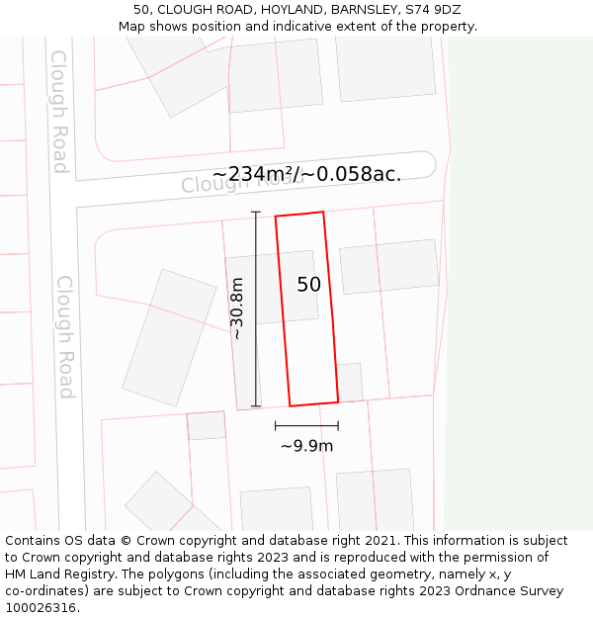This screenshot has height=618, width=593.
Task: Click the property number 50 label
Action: tap(308, 285)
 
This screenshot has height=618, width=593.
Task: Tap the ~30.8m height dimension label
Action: tap(237, 309)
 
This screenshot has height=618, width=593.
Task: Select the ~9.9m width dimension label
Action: tap(306, 446)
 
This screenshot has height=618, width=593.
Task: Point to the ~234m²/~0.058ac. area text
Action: tap(306, 174)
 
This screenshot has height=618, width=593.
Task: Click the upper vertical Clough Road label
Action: tap(59, 112)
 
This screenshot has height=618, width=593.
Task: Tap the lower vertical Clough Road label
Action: tap(65, 337)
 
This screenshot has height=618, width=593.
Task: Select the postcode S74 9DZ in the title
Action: tap(434, 9)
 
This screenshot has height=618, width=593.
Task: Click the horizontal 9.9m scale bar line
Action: tap(306, 426)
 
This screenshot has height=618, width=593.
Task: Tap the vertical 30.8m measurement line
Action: tap(256, 309)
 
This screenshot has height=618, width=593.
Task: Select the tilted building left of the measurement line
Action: tap(169, 337)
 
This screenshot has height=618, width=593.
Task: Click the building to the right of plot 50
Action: tap(388, 265)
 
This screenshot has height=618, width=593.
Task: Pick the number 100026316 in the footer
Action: tap(40, 608)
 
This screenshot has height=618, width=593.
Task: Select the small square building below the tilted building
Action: tap(207, 426)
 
